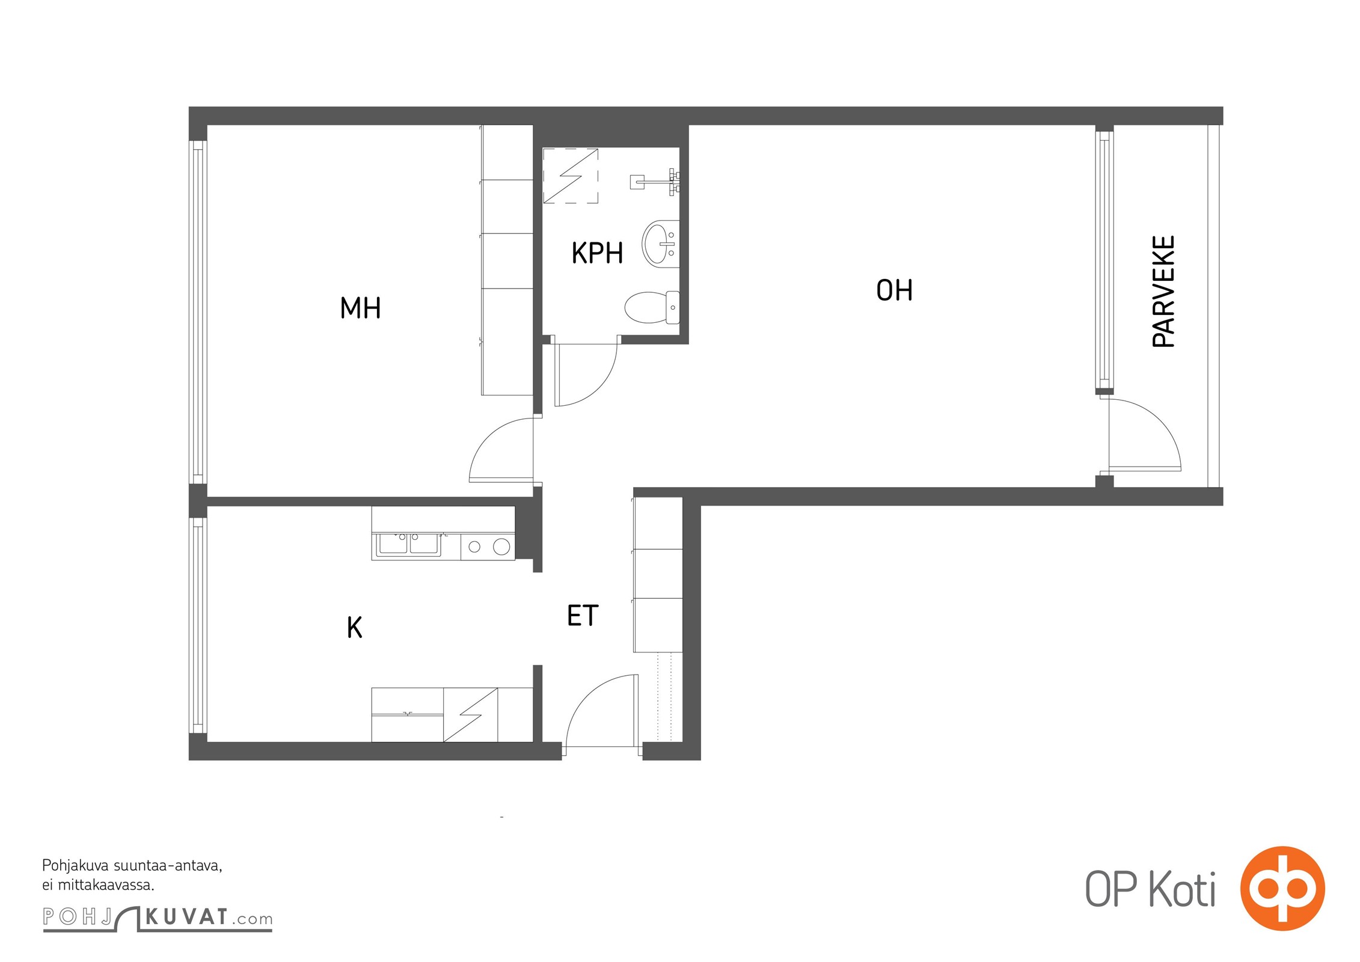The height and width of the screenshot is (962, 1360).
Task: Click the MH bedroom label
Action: (x=360, y=308)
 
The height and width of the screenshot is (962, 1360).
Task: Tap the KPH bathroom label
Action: (x=597, y=253)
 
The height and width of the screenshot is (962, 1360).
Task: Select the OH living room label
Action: (x=894, y=290)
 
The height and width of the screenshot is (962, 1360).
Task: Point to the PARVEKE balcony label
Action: (x=1163, y=292)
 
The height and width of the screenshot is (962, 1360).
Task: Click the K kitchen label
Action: (x=354, y=628)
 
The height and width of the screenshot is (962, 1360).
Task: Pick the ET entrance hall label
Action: (x=583, y=616)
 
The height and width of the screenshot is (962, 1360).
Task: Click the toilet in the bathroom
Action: (x=652, y=307)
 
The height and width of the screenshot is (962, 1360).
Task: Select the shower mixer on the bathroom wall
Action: (x=655, y=182)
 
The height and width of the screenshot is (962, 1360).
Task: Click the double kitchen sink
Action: (x=408, y=544)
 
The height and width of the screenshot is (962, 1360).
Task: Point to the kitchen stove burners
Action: (x=488, y=547)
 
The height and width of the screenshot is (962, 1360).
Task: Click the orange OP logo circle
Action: (x=1282, y=888)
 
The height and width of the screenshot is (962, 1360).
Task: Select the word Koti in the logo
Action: (x=1183, y=889)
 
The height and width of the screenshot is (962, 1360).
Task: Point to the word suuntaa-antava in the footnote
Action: (x=168, y=866)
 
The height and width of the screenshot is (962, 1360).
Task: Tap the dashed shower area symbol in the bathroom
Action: (x=570, y=176)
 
